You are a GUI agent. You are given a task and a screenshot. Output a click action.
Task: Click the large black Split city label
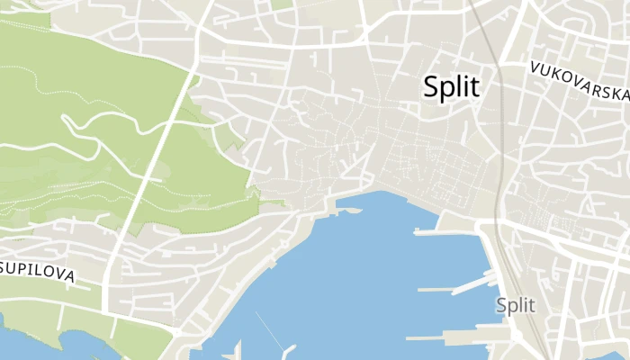(451, 87)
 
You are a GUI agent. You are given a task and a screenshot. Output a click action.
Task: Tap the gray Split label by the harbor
(516, 305)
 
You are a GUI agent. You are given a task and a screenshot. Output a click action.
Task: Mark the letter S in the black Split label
(432, 87)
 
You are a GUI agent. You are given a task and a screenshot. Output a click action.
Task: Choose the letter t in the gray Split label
(531, 305)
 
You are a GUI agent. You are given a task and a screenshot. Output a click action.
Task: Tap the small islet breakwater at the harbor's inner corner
(350, 211)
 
